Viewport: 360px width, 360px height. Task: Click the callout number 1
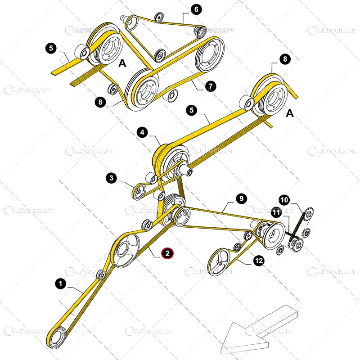(61, 284)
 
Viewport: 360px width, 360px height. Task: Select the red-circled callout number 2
(167, 253)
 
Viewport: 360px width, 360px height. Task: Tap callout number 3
(111, 178)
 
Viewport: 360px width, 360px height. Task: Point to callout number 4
(142, 132)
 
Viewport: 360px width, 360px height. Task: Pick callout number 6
(196, 9)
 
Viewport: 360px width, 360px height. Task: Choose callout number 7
(211, 86)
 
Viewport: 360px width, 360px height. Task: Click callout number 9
(241, 198)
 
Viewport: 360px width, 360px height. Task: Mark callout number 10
(284, 200)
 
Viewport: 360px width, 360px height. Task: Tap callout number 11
(276, 212)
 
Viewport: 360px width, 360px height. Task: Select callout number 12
(259, 261)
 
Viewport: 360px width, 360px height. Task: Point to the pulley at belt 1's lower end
(57, 337)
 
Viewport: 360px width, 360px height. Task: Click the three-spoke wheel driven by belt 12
(219, 261)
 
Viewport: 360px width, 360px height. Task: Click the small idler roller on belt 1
(101, 275)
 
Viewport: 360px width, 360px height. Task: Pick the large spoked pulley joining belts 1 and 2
(126, 250)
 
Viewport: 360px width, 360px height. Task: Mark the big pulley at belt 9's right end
(274, 236)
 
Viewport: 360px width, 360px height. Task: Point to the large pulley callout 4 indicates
(171, 162)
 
